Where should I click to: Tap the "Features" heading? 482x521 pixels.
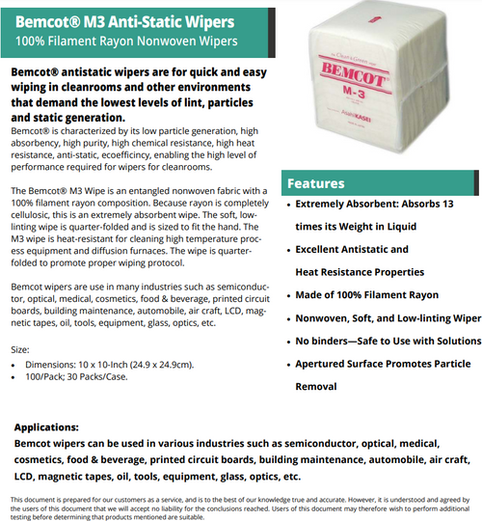pyautogui.click(x=318, y=183)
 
